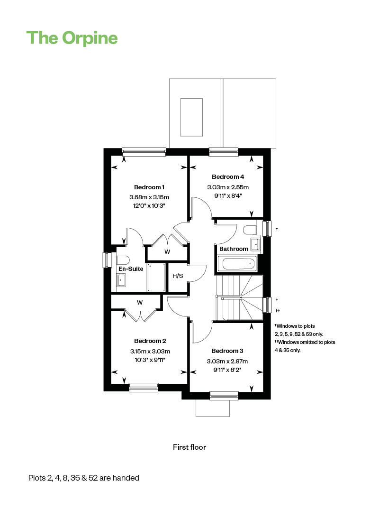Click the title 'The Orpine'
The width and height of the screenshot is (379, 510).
[72, 37]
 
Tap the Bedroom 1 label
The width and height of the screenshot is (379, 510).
[149, 187]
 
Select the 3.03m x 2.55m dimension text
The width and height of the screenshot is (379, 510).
[228, 187]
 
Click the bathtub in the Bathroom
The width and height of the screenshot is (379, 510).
[237, 264]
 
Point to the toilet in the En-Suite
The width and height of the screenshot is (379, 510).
[122, 260]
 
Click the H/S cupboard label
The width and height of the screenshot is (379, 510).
[178, 276]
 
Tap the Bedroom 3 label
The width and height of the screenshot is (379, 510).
[227, 351]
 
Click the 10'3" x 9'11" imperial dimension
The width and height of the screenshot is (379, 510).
[150, 360]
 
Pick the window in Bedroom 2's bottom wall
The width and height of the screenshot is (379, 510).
[144, 388]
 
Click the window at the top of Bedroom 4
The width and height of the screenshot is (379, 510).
[224, 152]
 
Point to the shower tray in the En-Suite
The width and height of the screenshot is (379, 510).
[156, 278]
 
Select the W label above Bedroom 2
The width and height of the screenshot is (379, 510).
[140, 302]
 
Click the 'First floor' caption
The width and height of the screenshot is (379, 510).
[189, 447]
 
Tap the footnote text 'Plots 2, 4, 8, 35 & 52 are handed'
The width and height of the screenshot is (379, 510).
[84, 478]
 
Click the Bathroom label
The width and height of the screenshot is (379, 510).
[234, 249]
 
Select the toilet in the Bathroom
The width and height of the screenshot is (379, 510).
[249, 230]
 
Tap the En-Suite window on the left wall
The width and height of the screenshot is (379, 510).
[107, 260]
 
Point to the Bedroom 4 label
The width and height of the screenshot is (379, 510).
[228, 177]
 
